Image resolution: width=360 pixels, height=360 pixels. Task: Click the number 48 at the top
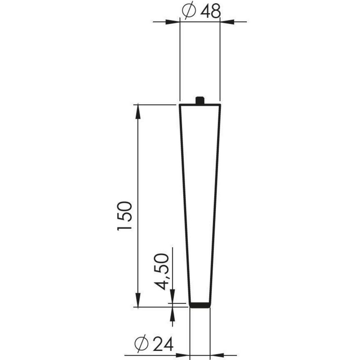[x=211, y=11]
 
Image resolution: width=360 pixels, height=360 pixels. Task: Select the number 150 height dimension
[x=124, y=216]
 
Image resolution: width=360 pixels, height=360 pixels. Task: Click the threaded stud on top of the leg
[x=200, y=100]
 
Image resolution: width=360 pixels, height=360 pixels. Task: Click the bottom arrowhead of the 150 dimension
[x=138, y=300]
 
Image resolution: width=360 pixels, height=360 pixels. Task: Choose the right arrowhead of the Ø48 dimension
[x=227, y=22]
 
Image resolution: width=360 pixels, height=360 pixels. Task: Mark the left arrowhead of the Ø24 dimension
[x=183, y=355]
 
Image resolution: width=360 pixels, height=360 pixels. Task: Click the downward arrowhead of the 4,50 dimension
[x=172, y=298]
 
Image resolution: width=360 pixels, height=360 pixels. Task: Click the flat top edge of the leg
[x=200, y=105]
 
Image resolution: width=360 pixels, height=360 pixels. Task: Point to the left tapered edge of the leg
[x=185, y=204]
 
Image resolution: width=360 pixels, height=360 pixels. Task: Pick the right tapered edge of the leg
[x=216, y=204]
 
